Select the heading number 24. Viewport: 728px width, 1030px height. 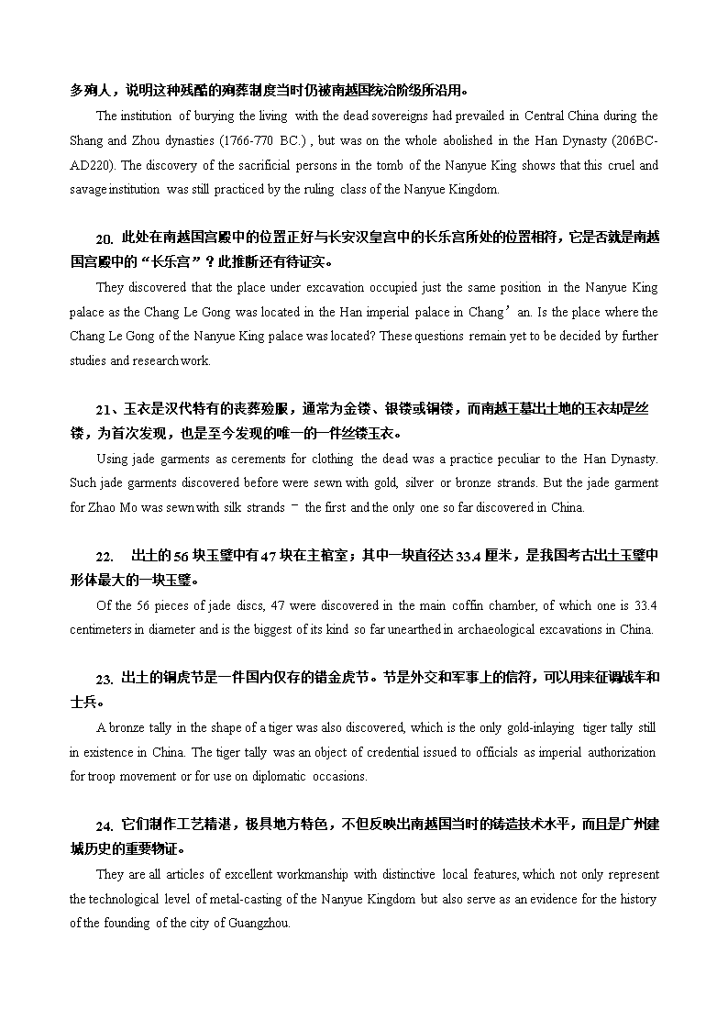(x=105, y=826)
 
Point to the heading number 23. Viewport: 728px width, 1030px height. (x=105, y=680)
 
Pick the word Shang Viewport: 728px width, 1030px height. (x=86, y=141)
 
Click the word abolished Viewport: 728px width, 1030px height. (x=429, y=141)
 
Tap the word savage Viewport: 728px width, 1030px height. (x=88, y=190)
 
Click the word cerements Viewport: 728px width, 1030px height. (x=273, y=459)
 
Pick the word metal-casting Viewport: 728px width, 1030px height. (x=263, y=899)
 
